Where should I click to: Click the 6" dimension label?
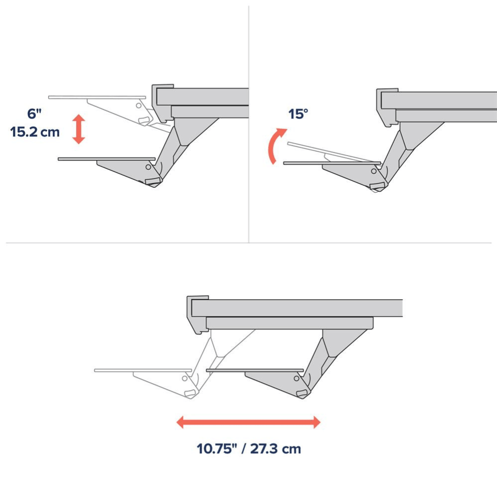coord(34,113)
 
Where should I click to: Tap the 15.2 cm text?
coord(35,132)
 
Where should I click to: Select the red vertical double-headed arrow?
coord(79,129)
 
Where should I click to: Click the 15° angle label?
coord(298,114)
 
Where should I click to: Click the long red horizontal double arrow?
coord(248,422)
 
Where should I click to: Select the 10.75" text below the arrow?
coord(217,448)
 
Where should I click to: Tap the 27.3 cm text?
coord(275,448)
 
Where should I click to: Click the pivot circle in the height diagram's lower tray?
coord(148,166)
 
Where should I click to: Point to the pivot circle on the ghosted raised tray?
coord(139,105)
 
